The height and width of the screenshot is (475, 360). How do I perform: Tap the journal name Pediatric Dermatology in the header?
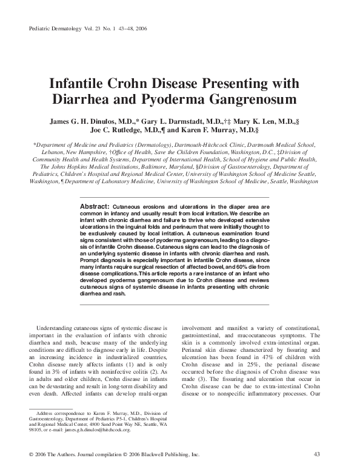click(55, 29)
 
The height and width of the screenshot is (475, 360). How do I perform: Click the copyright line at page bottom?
click(110, 454)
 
